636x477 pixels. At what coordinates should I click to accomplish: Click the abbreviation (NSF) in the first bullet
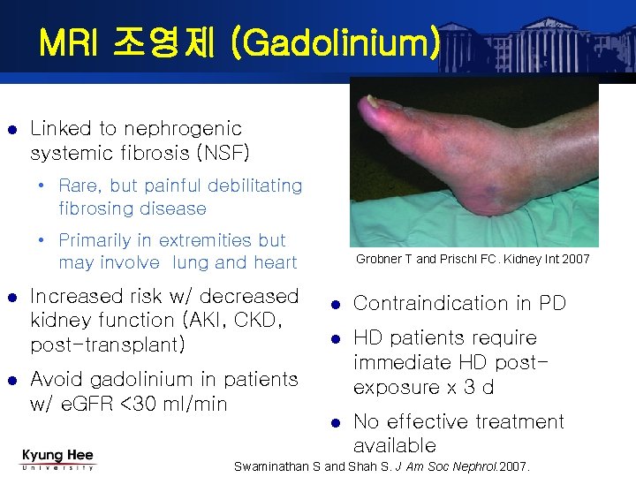coord(221,153)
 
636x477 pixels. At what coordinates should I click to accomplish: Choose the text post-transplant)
coord(108,344)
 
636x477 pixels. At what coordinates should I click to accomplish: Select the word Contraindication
coord(425,304)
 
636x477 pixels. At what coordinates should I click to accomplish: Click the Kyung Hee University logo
coord(57,459)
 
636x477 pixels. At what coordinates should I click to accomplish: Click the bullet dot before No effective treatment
coord(335,422)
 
